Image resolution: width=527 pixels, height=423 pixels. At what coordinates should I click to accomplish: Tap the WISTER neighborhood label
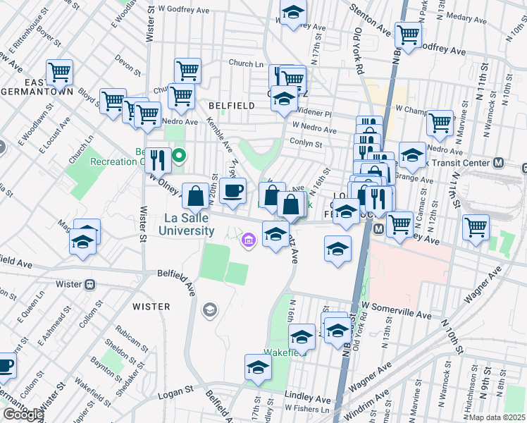click(x=151, y=307)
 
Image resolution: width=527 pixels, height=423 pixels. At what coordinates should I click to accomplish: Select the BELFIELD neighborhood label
click(x=231, y=105)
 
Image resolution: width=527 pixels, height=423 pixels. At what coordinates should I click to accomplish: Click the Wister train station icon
click(x=89, y=285)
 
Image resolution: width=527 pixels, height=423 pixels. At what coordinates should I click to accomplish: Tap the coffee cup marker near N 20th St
click(x=232, y=191)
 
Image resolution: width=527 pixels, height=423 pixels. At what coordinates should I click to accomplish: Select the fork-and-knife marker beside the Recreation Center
click(x=157, y=161)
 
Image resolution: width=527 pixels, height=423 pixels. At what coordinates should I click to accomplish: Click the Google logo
click(x=23, y=415)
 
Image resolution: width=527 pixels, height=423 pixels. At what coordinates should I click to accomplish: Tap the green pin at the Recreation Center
click(x=180, y=155)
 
